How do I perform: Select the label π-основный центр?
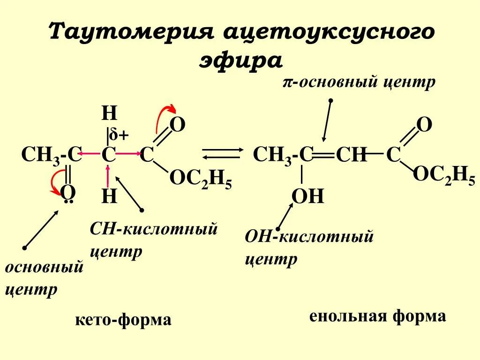pyautogui.click(x=359, y=82)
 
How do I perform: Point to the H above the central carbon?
pyautogui.click(x=109, y=114)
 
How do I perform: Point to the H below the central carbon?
pyautogui.click(x=109, y=196)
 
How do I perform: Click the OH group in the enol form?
pyautogui.click(x=308, y=196)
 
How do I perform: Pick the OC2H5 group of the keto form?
pyautogui.click(x=200, y=179)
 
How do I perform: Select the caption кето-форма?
pyautogui.click(x=123, y=320)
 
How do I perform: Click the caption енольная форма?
pyautogui.click(x=377, y=316)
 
